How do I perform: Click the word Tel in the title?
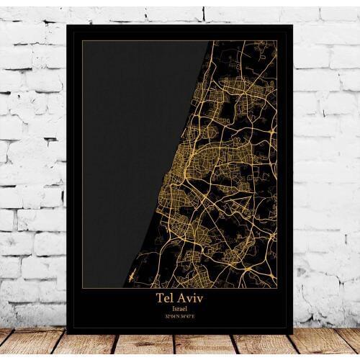(x=165, y=297)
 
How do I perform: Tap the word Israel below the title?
(x=179, y=307)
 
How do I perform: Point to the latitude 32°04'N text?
(x=170, y=316)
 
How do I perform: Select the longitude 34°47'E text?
(x=189, y=316)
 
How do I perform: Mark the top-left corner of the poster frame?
(x=66, y=25)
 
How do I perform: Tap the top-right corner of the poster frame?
(x=293, y=25)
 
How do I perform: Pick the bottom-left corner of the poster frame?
(x=66, y=333)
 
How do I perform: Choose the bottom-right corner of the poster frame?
(x=293, y=333)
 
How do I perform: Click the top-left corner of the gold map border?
(x=82, y=41)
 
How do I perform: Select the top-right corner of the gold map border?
(x=277, y=41)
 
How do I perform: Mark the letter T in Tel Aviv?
(x=159, y=297)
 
